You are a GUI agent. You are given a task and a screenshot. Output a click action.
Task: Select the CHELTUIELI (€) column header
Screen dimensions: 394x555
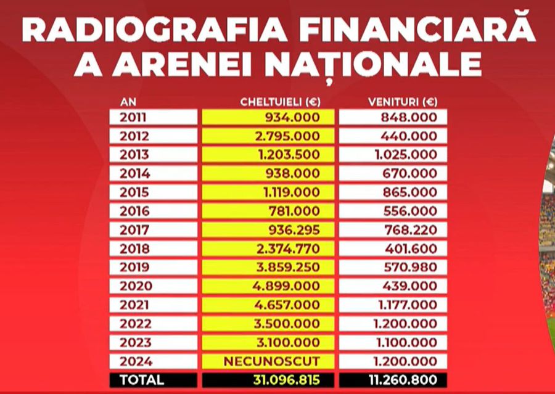[x=280, y=102]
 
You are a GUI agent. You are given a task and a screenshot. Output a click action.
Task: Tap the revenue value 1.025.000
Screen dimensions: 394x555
[x=406, y=155]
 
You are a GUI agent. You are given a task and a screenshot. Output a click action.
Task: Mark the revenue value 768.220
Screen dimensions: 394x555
[x=409, y=230]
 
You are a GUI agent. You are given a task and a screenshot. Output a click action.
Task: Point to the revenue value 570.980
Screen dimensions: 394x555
[x=409, y=268]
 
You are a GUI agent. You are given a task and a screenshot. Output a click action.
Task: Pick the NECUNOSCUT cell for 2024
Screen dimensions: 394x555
[x=281, y=361]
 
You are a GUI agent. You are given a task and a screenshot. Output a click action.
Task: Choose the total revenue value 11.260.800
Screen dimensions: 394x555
[x=401, y=380]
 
